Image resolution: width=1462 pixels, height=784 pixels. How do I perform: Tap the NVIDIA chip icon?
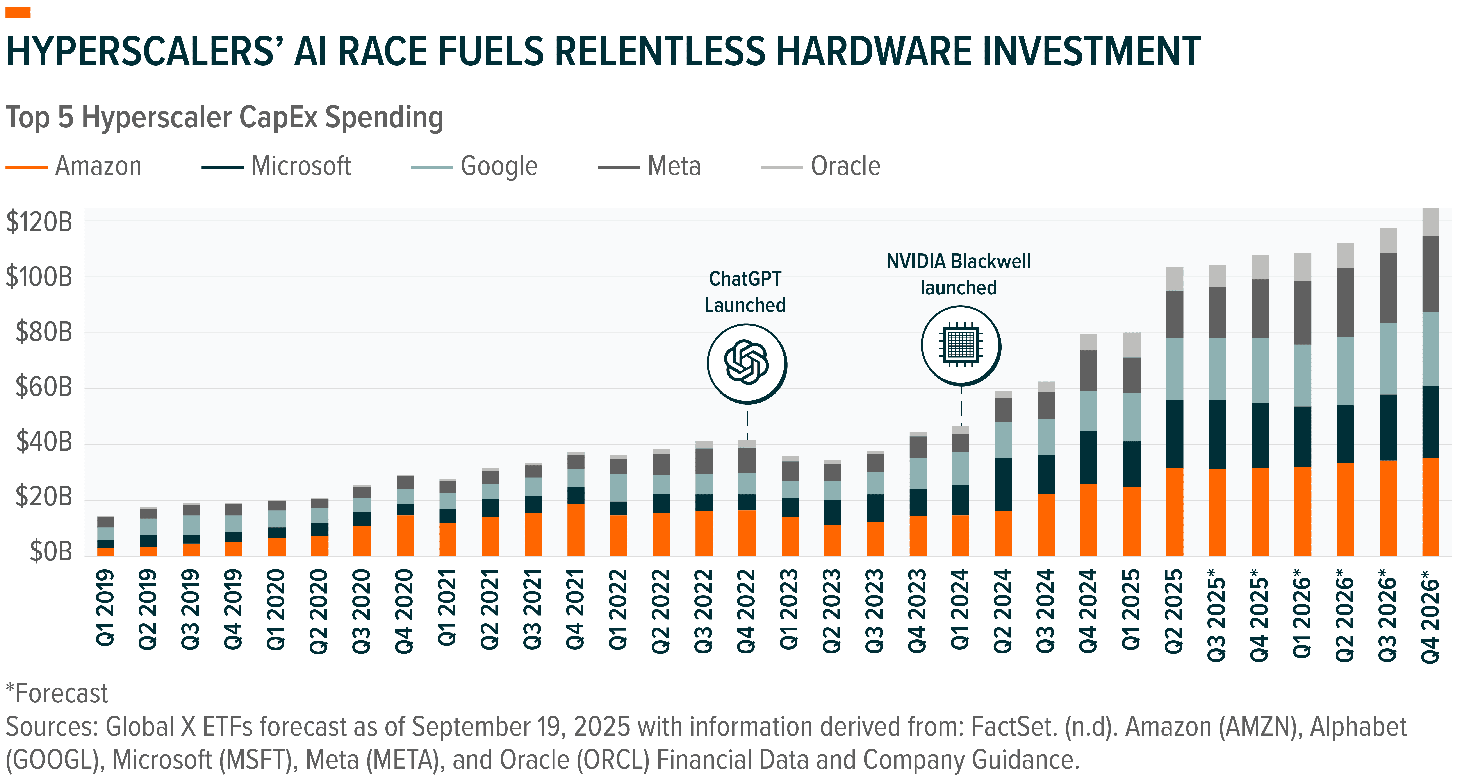pos(960,345)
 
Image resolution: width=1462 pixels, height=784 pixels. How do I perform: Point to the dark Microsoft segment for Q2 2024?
pos(1003,484)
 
